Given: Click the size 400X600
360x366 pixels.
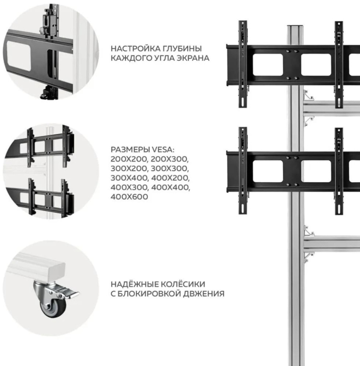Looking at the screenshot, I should [x=129, y=197].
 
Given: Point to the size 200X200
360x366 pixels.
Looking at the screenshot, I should [x=129, y=158].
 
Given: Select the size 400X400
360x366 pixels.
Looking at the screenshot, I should [x=170, y=188].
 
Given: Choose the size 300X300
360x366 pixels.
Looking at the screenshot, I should [x=170, y=168].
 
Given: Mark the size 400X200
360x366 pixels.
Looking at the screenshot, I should [x=170, y=178].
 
